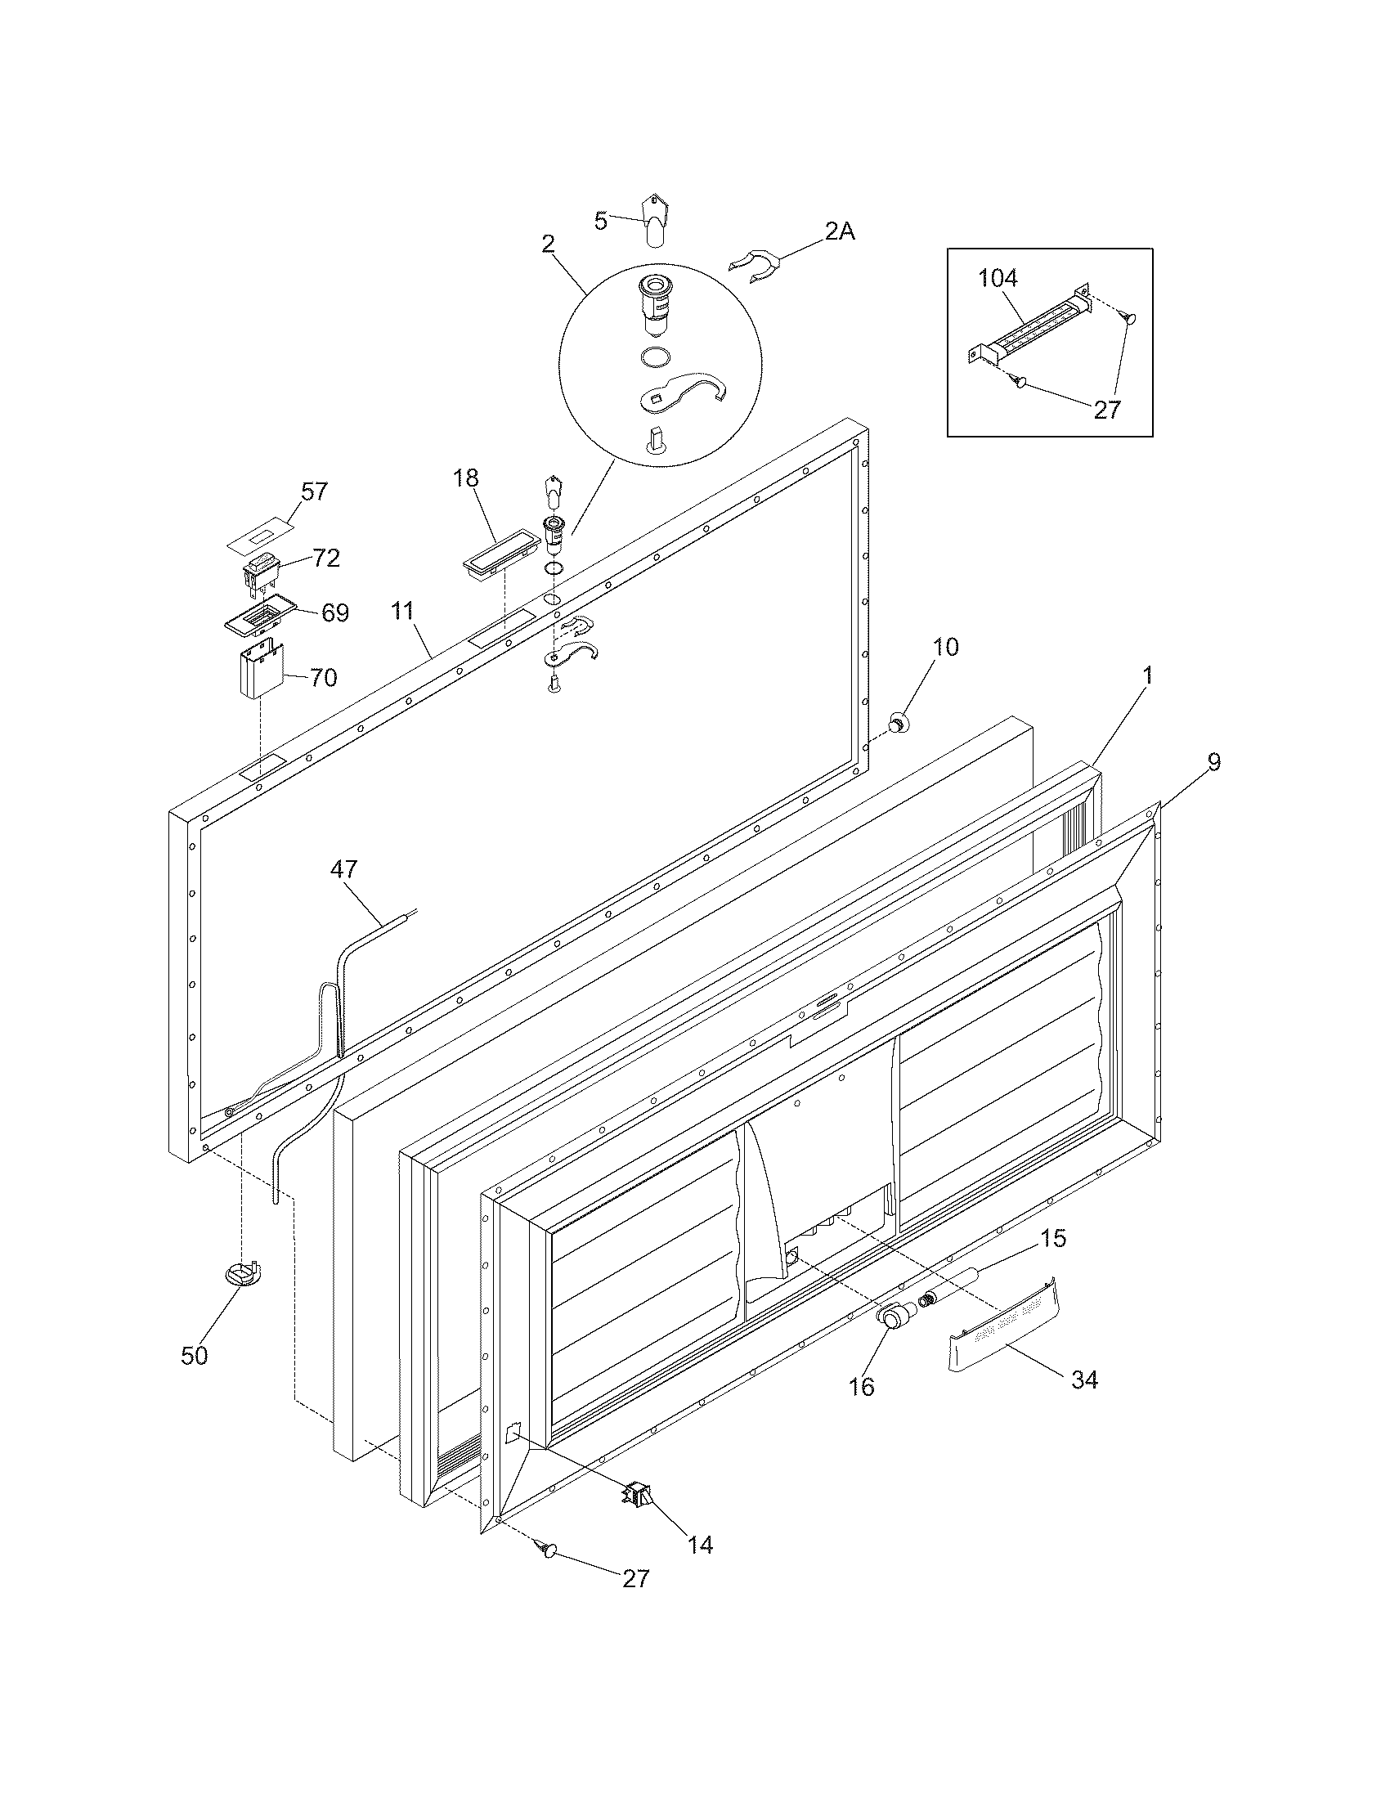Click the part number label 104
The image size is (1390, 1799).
click(x=998, y=277)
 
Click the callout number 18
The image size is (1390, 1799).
click(x=466, y=478)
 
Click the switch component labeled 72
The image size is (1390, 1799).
click(x=262, y=572)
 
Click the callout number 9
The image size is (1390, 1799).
click(x=1213, y=762)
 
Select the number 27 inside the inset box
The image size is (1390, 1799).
click(x=1106, y=409)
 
